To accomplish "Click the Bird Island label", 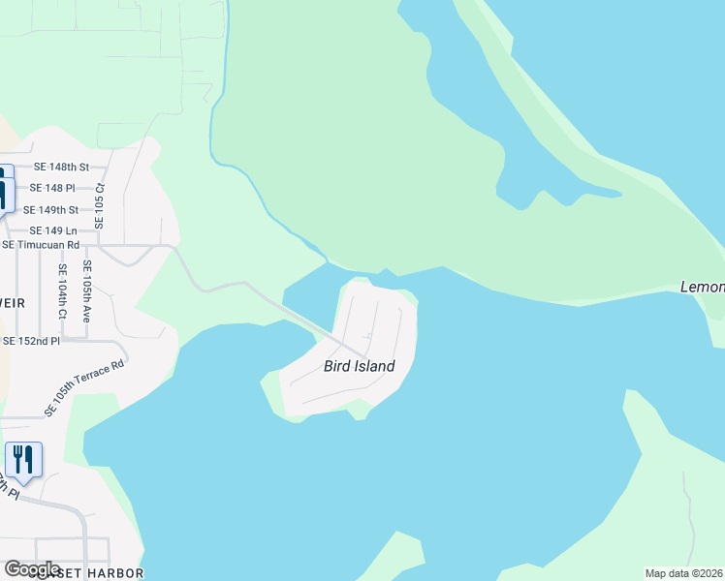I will point(359,366).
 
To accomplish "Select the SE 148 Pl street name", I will point(52,188).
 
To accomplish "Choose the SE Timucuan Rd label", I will point(40,245).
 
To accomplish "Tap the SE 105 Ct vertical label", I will point(98,206).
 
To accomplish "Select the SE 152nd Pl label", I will point(31,341).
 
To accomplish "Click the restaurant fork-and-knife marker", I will point(23,459).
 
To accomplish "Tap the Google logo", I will point(32,569).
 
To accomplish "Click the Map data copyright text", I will point(684,573).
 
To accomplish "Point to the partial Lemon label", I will point(702,288).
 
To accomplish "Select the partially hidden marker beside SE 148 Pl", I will point(5,188).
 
